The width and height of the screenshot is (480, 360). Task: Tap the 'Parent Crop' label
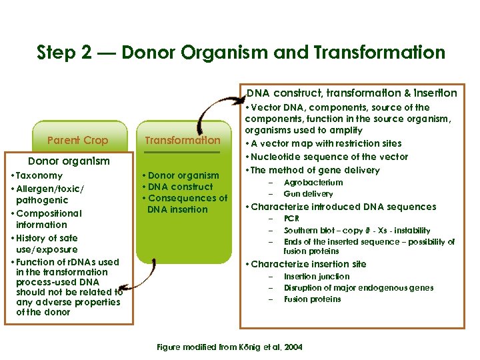pyautogui.click(x=78, y=140)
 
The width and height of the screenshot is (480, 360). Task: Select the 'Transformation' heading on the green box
pyautogui.click(x=182, y=140)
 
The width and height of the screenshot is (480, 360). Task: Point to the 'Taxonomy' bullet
pyautogui.click(x=40, y=176)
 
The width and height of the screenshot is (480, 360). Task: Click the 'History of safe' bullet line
pyautogui.click(x=51, y=237)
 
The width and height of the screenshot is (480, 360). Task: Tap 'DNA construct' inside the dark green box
pyautogui.click(x=182, y=187)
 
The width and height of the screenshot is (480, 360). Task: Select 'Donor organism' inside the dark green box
pyautogui.click(x=183, y=175)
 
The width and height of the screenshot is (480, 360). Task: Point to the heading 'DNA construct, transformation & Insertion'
pyautogui.click(x=352, y=93)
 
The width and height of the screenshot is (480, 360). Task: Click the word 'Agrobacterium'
pyautogui.click(x=313, y=182)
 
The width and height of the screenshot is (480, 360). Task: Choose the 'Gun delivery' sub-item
pyautogui.click(x=308, y=193)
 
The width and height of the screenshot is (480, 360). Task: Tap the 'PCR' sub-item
pyautogui.click(x=291, y=219)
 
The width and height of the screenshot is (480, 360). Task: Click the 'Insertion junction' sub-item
pyautogui.click(x=316, y=277)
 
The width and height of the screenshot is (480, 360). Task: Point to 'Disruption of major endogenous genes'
pyautogui.click(x=358, y=288)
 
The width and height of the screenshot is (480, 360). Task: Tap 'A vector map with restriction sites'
pyautogui.click(x=325, y=143)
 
